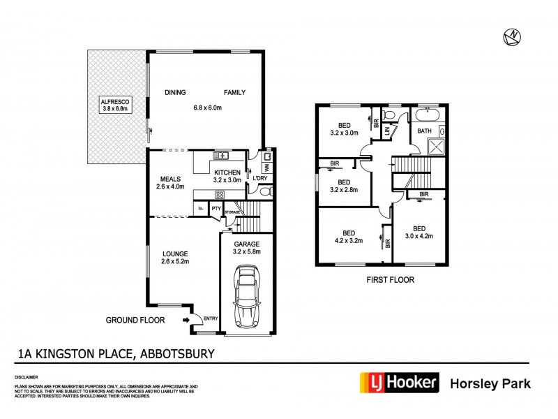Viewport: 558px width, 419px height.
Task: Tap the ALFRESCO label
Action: [115, 102]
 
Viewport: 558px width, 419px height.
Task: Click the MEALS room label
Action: [170, 177]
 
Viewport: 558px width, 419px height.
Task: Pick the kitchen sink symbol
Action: [221, 156]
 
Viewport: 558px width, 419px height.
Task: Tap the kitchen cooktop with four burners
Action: [219, 195]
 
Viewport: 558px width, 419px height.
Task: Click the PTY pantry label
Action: [216, 207]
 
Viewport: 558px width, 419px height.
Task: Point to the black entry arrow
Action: [186, 320]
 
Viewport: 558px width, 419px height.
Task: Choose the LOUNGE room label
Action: [175, 253]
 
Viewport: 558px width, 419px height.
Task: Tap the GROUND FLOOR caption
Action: [135, 321]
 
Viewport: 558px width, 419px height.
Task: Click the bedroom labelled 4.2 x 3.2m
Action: [349, 237]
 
